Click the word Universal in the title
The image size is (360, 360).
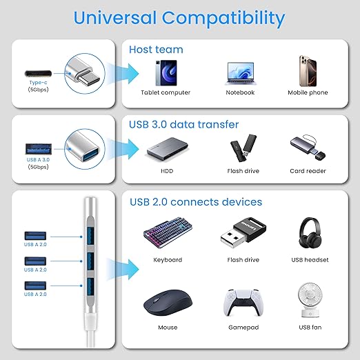point(114,18)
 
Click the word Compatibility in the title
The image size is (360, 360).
point(223,19)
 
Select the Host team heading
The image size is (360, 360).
point(156,50)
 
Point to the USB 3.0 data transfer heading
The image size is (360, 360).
point(183,124)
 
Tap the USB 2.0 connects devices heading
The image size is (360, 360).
point(196,202)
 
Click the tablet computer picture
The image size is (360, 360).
point(166,73)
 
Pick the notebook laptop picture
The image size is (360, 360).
point(241,74)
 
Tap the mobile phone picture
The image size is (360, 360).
point(308,70)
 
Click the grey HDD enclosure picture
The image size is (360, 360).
point(167,149)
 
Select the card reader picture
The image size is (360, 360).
point(308,148)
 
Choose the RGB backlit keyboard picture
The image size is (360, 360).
point(168,232)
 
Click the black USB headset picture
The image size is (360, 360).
point(310,232)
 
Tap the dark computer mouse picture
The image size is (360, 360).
point(168,302)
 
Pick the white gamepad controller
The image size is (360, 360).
point(243,303)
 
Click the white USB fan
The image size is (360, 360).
point(310,300)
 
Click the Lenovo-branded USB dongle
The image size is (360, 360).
point(243,232)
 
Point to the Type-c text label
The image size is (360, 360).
point(38,83)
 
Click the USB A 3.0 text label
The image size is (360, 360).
point(38,159)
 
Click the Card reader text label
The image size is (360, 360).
point(308,171)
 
